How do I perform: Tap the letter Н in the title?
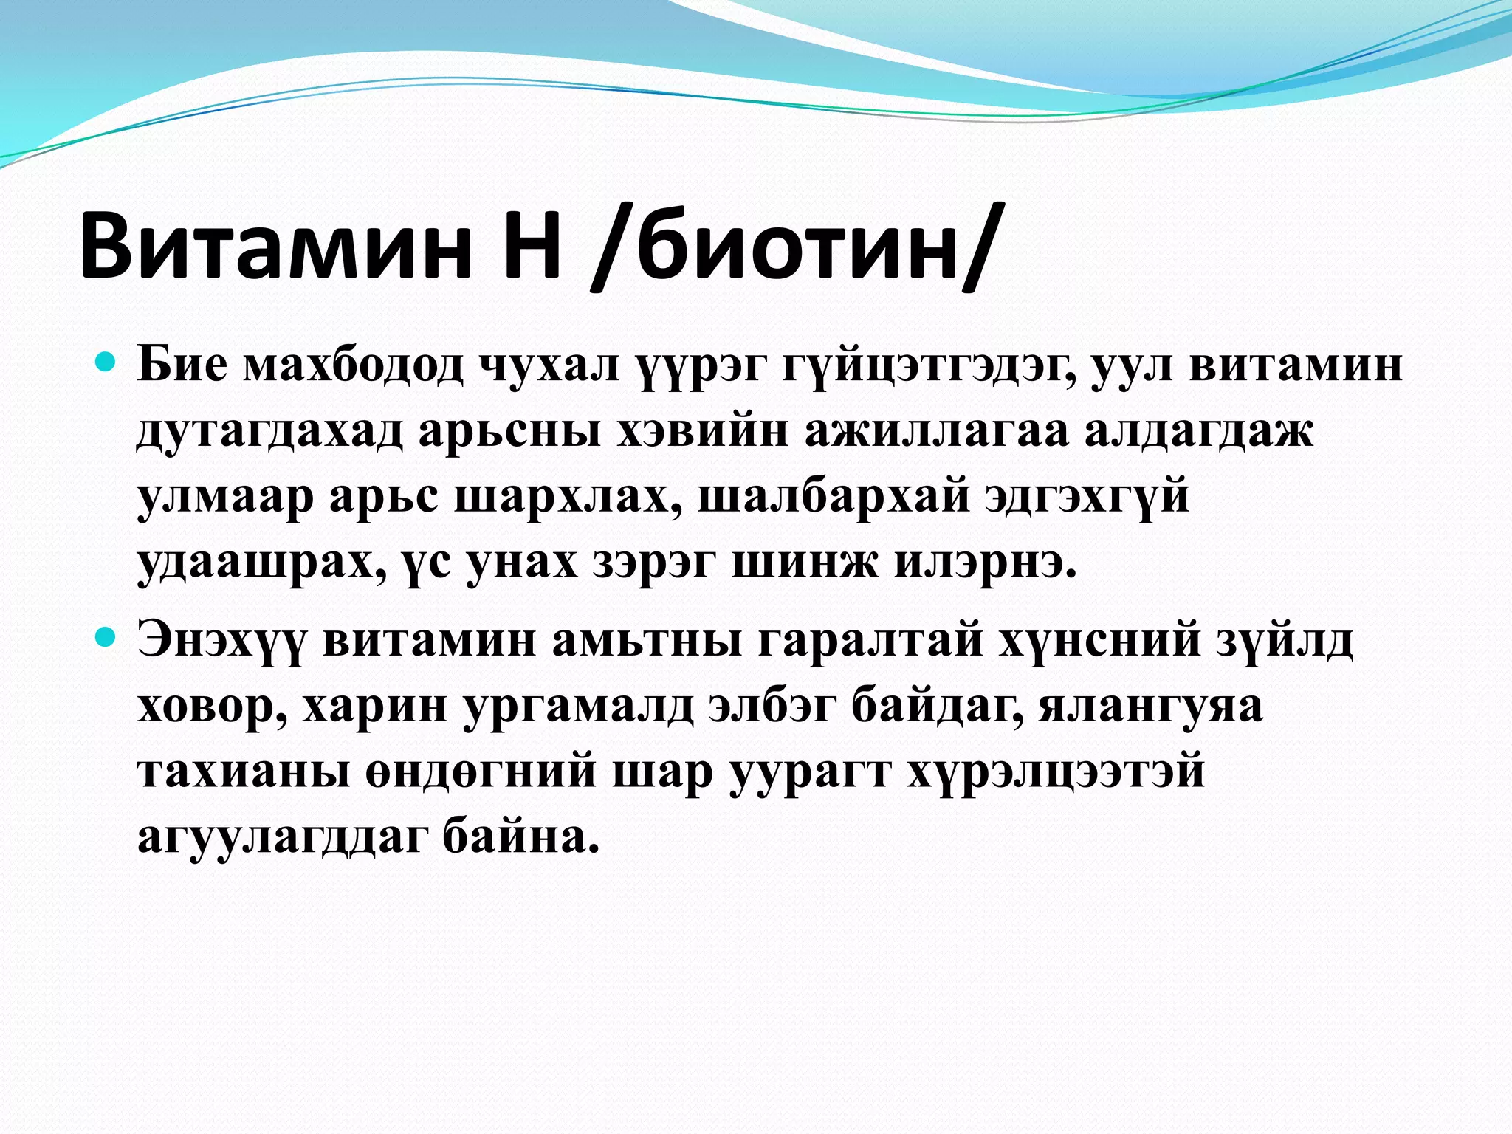pyautogui.click(x=530, y=243)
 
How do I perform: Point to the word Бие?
pyautogui.click(x=182, y=365)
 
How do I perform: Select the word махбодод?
pyautogui.click(x=354, y=365)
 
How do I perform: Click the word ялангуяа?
pyautogui.click(x=1151, y=706)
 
